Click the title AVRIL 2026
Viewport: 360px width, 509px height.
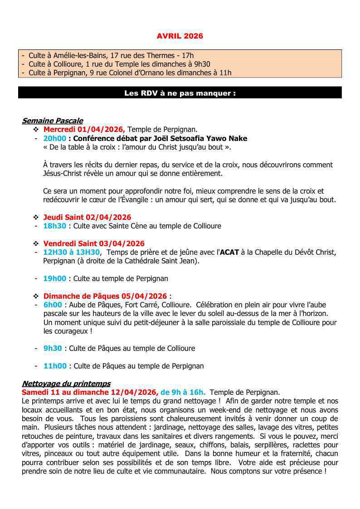point(180,36)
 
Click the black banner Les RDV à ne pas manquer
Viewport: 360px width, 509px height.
point(180,93)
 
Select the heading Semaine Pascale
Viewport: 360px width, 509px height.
point(52,121)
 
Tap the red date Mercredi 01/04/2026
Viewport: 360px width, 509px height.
point(84,130)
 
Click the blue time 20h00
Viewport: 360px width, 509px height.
point(54,138)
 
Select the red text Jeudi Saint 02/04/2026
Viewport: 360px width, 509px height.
point(87,217)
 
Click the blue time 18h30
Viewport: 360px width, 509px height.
point(54,226)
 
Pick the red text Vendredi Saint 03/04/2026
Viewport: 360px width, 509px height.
point(94,243)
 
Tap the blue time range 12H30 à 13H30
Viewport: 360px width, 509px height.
point(71,252)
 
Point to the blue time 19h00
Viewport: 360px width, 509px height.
point(54,278)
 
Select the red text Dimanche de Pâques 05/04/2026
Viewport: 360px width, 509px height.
point(105,296)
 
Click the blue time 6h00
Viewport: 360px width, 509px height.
point(52,305)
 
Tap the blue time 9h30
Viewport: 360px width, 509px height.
point(53,348)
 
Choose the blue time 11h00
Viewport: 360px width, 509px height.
point(54,366)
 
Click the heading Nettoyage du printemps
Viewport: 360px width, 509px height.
point(66,383)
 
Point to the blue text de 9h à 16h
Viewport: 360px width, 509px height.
point(183,392)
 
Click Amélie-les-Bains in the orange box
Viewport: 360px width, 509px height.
point(78,55)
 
